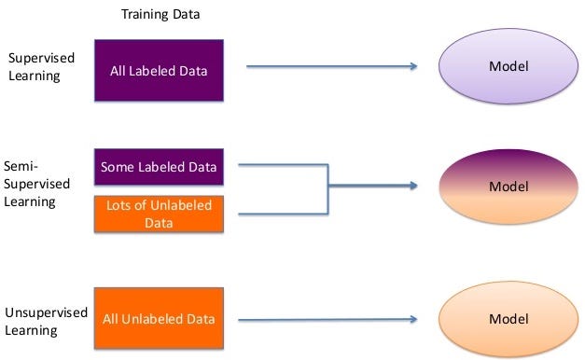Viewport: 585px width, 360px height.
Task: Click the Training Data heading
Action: click(160, 15)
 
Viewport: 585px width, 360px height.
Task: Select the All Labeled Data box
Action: click(159, 70)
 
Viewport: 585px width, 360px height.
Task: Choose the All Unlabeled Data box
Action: click(159, 319)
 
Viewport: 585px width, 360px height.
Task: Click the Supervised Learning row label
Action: click(41, 66)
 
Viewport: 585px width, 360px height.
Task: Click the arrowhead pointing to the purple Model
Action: click(411, 66)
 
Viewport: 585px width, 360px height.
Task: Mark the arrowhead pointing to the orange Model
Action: click(411, 320)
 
